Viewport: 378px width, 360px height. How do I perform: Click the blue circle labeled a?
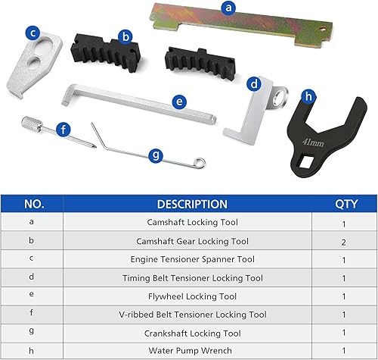pyautogui.click(x=228, y=10)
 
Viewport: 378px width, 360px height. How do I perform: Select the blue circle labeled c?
pyautogui.click(x=32, y=33)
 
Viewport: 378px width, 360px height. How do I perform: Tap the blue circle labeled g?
pyautogui.click(x=156, y=155)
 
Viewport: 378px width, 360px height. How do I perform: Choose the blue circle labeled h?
pyautogui.click(x=308, y=96)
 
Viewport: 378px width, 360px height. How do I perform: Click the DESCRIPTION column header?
pyautogui.click(x=191, y=204)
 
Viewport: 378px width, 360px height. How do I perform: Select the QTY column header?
pyautogui.click(x=344, y=204)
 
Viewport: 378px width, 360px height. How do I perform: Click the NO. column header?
pyautogui.click(x=33, y=204)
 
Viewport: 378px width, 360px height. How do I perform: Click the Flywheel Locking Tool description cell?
pyautogui.click(x=191, y=296)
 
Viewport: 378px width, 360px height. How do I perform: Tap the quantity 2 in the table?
pyautogui.click(x=344, y=241)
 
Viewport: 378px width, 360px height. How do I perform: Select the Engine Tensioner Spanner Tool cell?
pyautogui.click(x=191, y=259)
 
